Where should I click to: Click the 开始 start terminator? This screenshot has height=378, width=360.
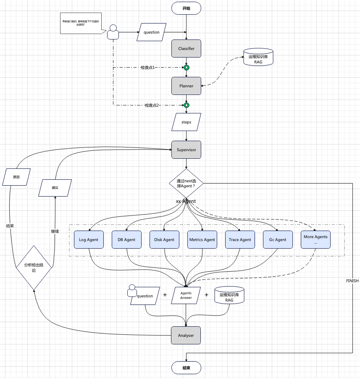coord(186,8)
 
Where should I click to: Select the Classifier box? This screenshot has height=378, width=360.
coord(186,48)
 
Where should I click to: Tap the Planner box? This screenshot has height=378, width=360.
coord(186,86)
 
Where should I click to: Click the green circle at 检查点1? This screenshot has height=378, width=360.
coord(187,68)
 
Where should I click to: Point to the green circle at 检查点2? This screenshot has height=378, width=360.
coord(187,105)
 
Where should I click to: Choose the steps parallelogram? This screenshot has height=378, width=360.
coord(186,122)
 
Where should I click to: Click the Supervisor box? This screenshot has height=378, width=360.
coord(186,150)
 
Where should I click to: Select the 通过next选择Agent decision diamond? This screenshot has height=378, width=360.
coord(186,183)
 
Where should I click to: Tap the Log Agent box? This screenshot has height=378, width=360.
coord(89,239)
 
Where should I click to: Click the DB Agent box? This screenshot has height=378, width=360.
coord(126,239)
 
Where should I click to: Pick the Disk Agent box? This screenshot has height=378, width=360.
coord(164,239)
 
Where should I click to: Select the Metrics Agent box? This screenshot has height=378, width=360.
coord(202,239)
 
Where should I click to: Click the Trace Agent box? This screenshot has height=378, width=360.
coord(240,239)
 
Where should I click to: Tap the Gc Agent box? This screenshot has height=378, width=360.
coord(278,239)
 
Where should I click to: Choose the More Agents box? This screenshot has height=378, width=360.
coord(315,239)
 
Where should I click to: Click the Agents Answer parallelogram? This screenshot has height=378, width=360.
coord(186,295)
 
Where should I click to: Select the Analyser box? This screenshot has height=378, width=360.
coord(186,335)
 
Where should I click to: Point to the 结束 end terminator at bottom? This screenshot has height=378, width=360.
coord(186,367)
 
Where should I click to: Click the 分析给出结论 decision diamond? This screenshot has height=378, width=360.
coord(34,268)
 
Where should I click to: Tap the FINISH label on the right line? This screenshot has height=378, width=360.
coord(352,281)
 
